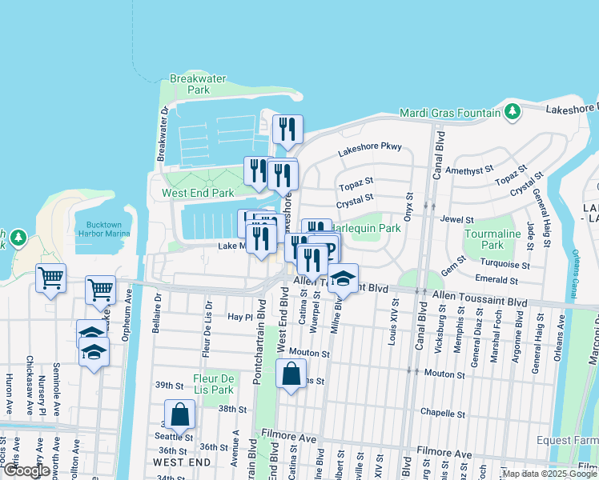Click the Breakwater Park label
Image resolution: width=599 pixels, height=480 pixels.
pyautogui.click(x=189, y=84)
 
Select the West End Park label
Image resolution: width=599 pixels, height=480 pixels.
pyautogui.click(x=198, y=193)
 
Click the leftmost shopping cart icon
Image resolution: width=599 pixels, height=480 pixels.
pyautogui.click(x=51, y=280)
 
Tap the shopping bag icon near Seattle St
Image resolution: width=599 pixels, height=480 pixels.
pyautogui.click(x=180, y=414)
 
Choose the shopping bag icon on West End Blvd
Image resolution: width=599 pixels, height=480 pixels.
pyautogui.click(x=291, y=373)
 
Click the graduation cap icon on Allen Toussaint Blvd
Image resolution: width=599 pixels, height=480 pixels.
pyautogui.click(x=343, y=278)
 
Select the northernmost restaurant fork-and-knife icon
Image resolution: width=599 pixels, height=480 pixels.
pyautogui.click(x=287, y=130)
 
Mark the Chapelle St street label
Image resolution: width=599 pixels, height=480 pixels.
pyautogui.click(x=443, y=414)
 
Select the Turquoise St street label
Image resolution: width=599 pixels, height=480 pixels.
pyautogui.click(x=504, y=264)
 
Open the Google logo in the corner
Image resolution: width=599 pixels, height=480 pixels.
pyautogui.click(x=26, y=470)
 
